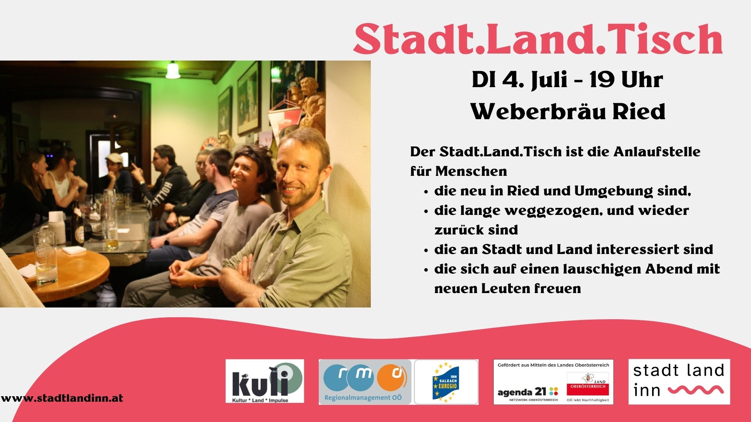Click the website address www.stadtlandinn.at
[x=62, y=398]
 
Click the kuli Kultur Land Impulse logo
[x=265, y=381]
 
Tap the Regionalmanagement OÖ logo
[x=365, y=382]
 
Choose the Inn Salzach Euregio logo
[x=446, y=382]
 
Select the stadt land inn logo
[x=679, y=381]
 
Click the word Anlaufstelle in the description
[x=657, y=152]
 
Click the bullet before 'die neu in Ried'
[x=426, y=192]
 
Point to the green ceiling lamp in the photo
[x=172, y=70]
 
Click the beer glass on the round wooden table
[x=45, y=257]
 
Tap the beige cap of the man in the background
[x=113, y=157]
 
